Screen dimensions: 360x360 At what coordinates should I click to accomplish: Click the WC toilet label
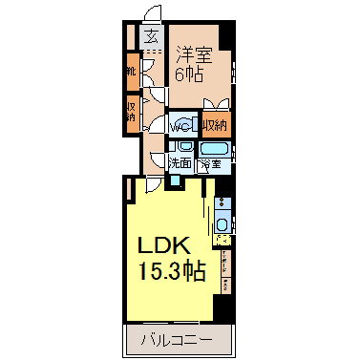[x=181, y=126]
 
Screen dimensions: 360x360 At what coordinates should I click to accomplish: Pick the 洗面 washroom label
[x=180, y=163]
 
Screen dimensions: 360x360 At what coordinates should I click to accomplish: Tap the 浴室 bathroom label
[x=212, y=163]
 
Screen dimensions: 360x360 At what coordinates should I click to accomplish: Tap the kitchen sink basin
[x=222, y=224]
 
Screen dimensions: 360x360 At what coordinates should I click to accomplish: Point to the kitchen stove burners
[x=222, y=203]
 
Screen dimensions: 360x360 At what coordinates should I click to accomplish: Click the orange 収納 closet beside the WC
[x=215, y=125]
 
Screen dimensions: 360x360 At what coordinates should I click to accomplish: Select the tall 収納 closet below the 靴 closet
[x=131, y=112]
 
